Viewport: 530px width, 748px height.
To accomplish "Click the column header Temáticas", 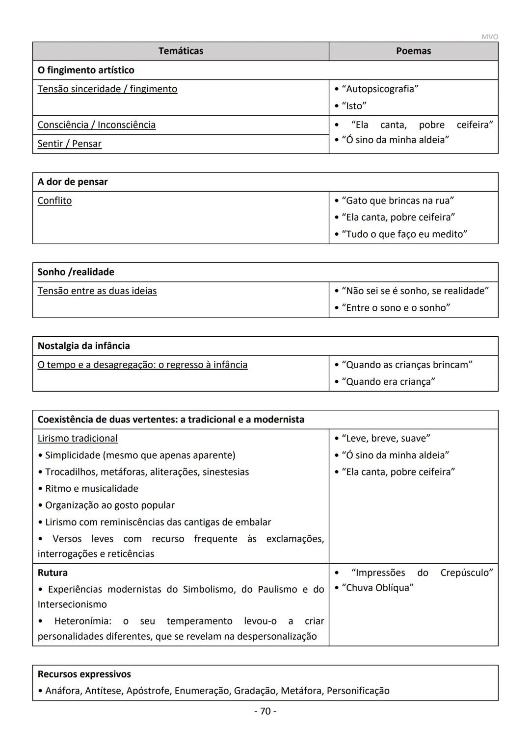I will [181, 51].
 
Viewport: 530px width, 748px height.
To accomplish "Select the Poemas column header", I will [413, 51].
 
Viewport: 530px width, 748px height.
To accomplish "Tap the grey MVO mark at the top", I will [489, 37].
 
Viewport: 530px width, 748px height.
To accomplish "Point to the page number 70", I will [265, 711].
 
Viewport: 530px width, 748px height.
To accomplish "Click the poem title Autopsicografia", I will [380, 89].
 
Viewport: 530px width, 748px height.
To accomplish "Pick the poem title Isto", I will [354, 106].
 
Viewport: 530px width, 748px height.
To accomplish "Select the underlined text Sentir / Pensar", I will [70, 144].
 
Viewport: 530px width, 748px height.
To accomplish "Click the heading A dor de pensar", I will [73, 182].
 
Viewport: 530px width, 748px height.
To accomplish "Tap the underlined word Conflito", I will [54, 200].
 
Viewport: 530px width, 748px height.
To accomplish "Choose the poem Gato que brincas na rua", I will [397, 200].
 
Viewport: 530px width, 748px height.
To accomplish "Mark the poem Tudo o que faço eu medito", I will [404, 234].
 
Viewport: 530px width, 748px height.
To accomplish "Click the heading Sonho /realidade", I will [76, 272].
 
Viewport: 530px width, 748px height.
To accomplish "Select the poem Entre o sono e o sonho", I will [396, 308].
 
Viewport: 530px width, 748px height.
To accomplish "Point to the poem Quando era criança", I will [388, 381].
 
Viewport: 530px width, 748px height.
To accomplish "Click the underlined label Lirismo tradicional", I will [78, 438].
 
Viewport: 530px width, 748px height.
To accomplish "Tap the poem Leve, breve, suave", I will [386, 438].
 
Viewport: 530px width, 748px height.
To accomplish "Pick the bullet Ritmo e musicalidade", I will [91, 489].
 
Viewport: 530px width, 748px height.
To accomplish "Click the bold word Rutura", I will [53, 573].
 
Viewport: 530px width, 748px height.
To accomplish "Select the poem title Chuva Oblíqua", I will [377, 588].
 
